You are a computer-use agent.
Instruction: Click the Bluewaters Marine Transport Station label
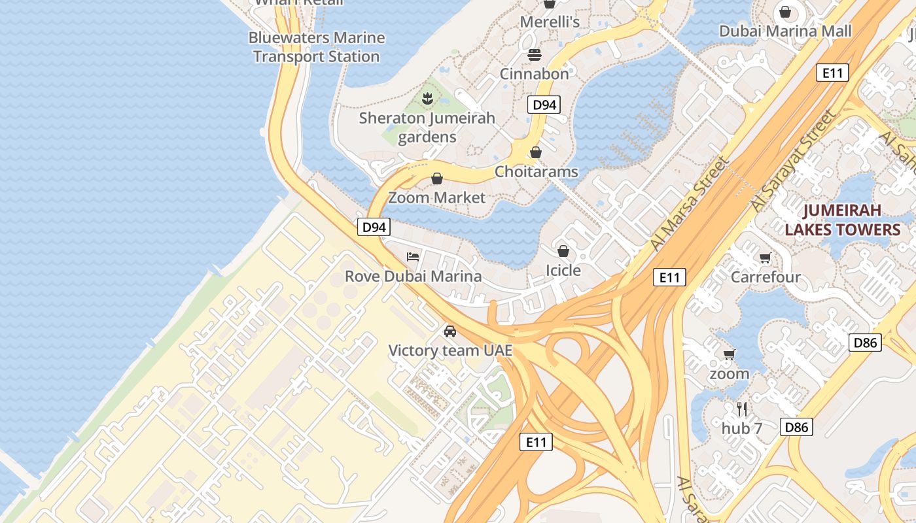click(x=317, y=47)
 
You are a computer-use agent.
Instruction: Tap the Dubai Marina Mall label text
click(x=785, y=31)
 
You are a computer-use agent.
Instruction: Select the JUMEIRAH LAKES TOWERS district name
click(x=843, y=220)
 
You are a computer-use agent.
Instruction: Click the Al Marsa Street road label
click(x=690, y=203)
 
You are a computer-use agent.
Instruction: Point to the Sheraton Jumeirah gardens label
click(x=427, y=127)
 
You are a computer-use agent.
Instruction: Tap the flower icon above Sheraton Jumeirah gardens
click(x=428, y=99)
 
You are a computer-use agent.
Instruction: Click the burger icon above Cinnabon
click(x=535, y=54)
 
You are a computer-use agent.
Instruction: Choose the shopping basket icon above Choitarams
click(x=536, y=152)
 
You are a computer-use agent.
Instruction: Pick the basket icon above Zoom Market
click(x=437, y=178)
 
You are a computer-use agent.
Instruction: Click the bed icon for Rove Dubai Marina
click(x=413, y=256)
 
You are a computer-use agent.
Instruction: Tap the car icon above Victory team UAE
click(x=450, y=331)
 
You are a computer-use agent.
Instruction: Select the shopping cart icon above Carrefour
click(x=766, y=258)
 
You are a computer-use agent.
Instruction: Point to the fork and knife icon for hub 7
click(x=742, y=409)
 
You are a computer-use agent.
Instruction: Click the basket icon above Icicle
click(x=563, y=251)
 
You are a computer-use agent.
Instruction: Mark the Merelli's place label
click(x=550, y=22)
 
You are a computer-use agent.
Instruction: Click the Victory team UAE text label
click(x=450, y=350)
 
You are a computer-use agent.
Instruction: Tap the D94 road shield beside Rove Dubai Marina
click(x=374, y=227)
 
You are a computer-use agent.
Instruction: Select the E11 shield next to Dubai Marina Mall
click(x=832, y=73)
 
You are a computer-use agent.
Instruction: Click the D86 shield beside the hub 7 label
click(x=796, y=428)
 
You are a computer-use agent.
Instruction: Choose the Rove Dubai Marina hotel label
click(x=413, y=276)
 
